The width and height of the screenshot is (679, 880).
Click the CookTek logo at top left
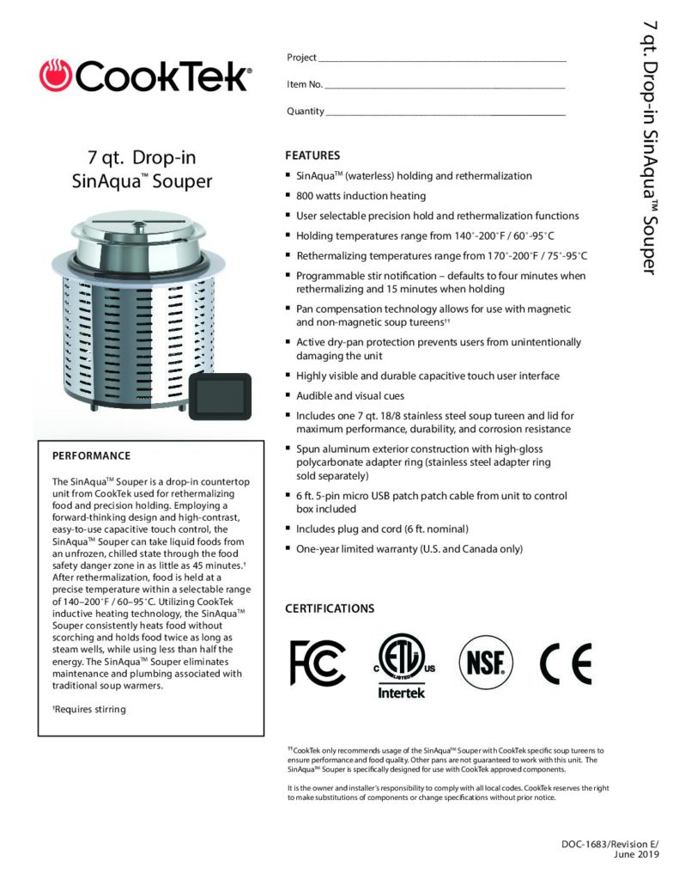tap(145, 76)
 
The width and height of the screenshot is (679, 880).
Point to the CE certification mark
tap(566, 661)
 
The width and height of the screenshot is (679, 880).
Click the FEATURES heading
tap(312, 156)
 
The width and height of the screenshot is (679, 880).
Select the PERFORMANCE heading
tap(92, 455)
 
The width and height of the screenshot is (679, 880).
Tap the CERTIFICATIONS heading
tap(330, 608)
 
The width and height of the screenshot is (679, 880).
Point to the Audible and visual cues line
tap(351, 395)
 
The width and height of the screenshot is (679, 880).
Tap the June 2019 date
tap(637, 856)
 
